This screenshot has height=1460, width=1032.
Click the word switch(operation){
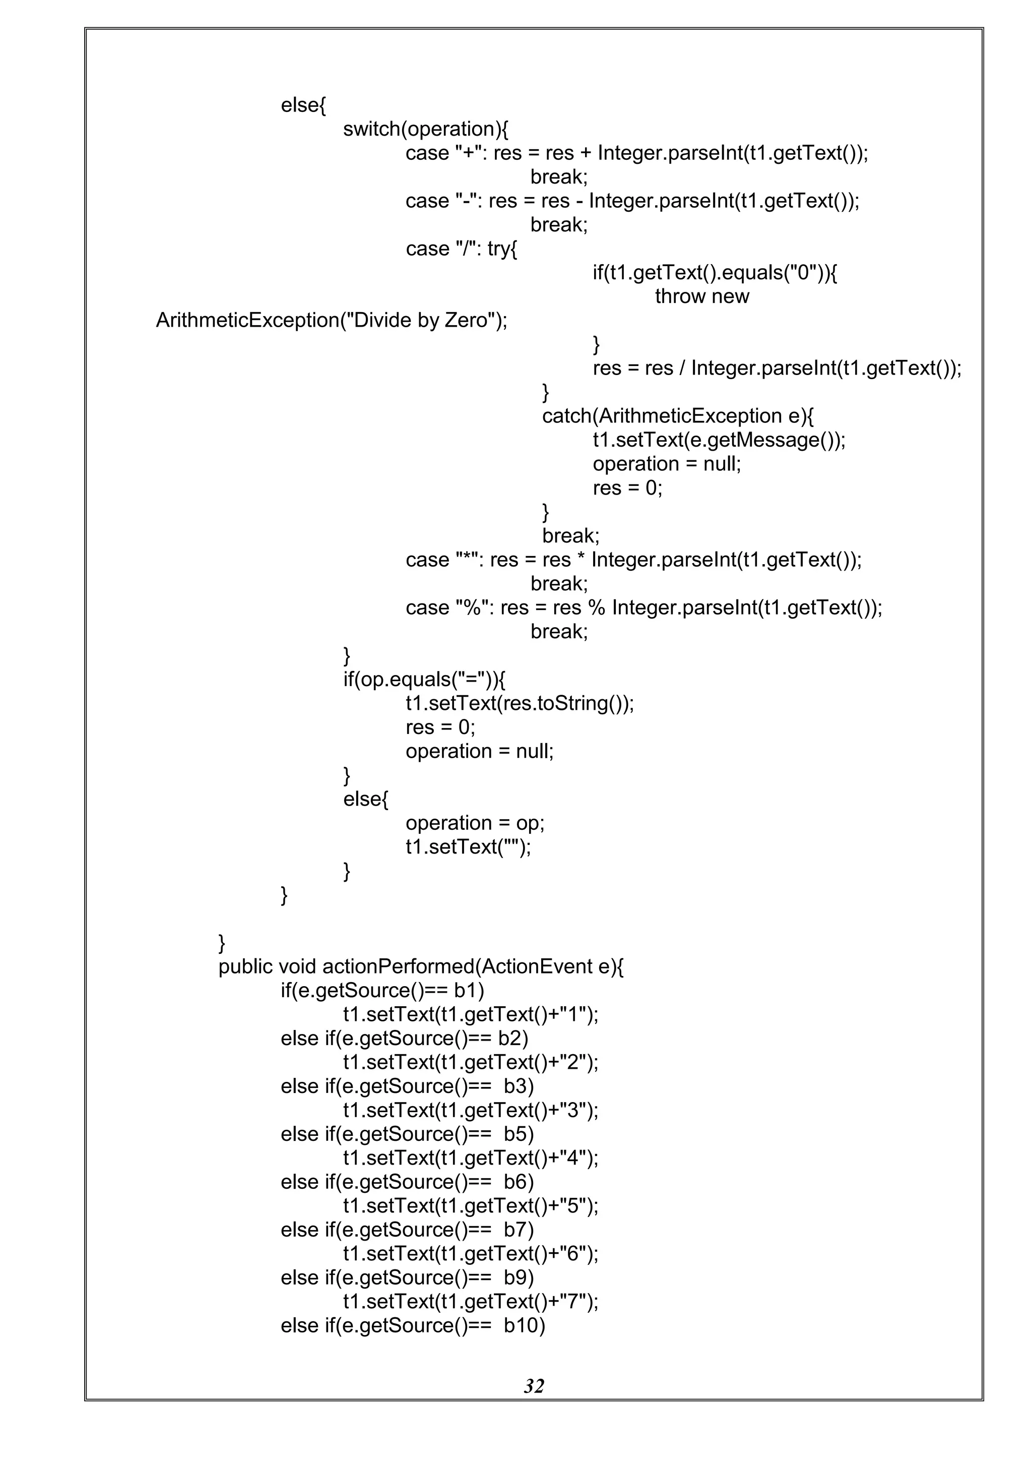click(425, 129)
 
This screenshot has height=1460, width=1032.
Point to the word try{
click(502, 249)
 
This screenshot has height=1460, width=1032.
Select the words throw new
click(701, 296)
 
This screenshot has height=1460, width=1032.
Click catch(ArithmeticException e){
click(677, 416)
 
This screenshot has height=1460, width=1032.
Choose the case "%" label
click(450, 608)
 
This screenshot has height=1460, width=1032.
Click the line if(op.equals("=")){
click(424, 680)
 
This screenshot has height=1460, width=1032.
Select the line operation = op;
click(475, 823)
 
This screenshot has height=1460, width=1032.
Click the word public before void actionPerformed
click(245, 966)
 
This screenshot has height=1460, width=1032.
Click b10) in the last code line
click(524, 1325)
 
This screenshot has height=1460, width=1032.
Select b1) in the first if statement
click(469, 990)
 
